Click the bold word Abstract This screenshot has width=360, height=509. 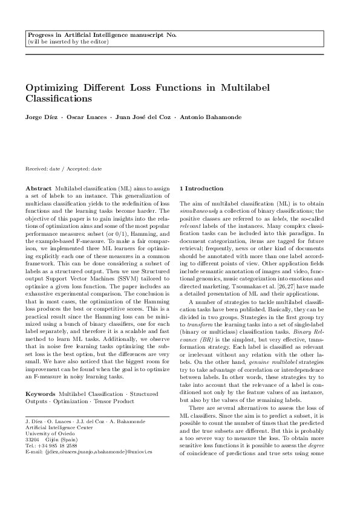[x=38, y=189]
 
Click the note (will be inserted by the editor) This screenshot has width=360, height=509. [x=68, y=42]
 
